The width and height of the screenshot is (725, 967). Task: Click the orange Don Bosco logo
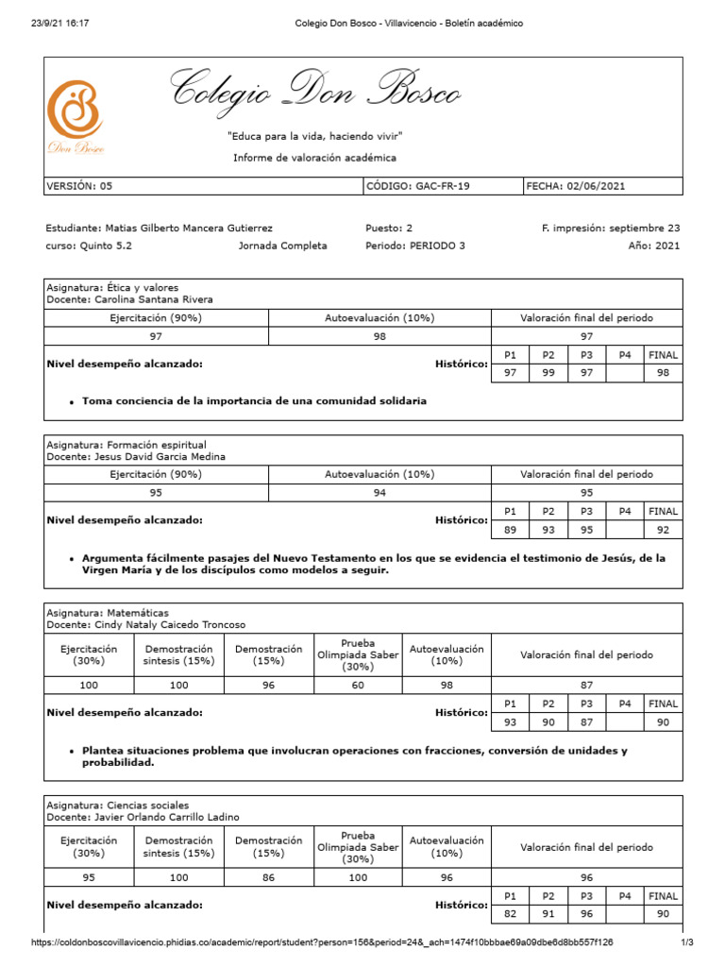pyautogui.click(x=76, y=110)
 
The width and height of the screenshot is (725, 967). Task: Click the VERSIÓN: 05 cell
pyautogui.click(x=79, y=186)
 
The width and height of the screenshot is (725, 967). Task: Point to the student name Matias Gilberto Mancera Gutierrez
pyautogui.click(x=160, y=228)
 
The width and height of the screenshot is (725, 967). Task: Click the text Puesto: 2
pyautogui.click(x=388, y=228)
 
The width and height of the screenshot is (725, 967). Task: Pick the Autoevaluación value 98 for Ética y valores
pyautogui.click(x=379, y=336)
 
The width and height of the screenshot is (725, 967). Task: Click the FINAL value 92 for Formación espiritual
pyautogui.click(x=663, y=530)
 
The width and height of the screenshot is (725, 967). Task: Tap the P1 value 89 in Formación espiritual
pyautogui.click(x=510, y=530)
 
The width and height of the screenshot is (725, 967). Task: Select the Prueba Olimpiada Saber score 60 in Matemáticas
pyautogui.click(x=358, y=686)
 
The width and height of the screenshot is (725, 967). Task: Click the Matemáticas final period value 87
pyautogui.click(x=586, y=686)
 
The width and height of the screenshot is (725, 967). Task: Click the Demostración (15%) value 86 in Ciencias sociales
pyautogui.click(x=268, y=877)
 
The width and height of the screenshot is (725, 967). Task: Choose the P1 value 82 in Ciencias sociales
pyautogui.click(x=510, y=913)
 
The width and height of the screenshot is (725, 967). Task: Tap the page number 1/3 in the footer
pyautogui.click(x=686, y=942)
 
